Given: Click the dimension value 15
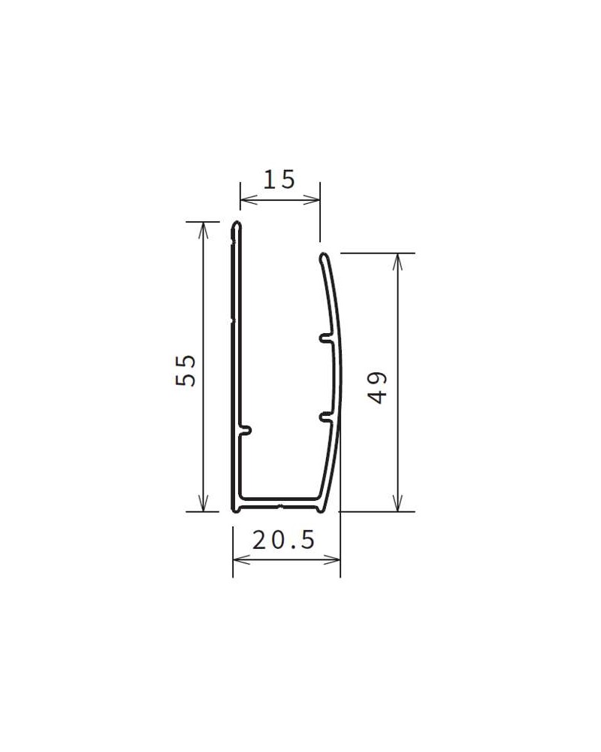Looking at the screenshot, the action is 279,180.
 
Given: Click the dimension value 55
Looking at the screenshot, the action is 186,370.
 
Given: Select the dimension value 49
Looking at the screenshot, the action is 379,387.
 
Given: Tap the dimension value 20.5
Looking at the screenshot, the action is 284,541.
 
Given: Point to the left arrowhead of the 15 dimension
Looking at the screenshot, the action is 248,199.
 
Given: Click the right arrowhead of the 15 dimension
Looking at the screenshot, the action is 312,199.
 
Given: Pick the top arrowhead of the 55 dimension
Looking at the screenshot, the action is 203,231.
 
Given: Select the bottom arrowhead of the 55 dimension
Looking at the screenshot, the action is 203,502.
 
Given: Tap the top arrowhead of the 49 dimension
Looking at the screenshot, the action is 397,262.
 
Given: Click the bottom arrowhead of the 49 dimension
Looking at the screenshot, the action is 397,502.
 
